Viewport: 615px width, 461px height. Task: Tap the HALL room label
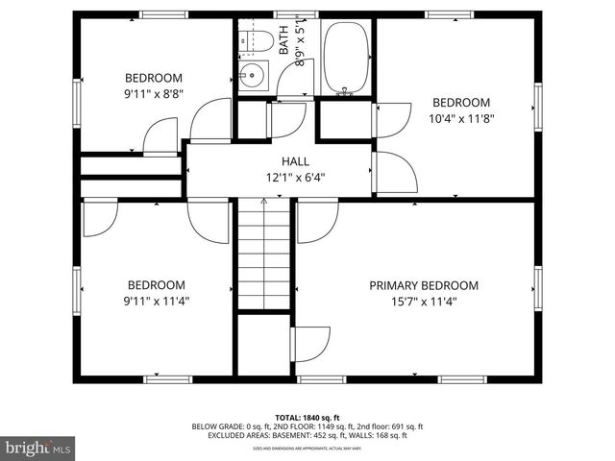pos(295,161)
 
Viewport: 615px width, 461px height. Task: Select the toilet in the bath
pos(256,41)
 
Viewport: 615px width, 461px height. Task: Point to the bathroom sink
pos(254,76)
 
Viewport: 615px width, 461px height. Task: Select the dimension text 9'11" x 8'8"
pos(154,94)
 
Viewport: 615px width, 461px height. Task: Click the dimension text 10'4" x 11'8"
pos(460,119)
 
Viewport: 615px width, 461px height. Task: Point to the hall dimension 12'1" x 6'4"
pos(295,178)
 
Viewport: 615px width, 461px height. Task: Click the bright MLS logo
pos(38,448)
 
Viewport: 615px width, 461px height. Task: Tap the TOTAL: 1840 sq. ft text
pos(307,417)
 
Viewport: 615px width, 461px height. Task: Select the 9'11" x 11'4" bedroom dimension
pos(157,302)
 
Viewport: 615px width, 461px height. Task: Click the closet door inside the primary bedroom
pos(309,343)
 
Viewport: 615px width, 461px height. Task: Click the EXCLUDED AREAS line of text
pos(307,435)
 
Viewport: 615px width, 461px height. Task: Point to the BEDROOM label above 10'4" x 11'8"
pos(460,103)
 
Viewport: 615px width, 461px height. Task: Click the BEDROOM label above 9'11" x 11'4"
pos(157,285)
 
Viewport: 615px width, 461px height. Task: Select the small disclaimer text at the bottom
pos(307,448)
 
